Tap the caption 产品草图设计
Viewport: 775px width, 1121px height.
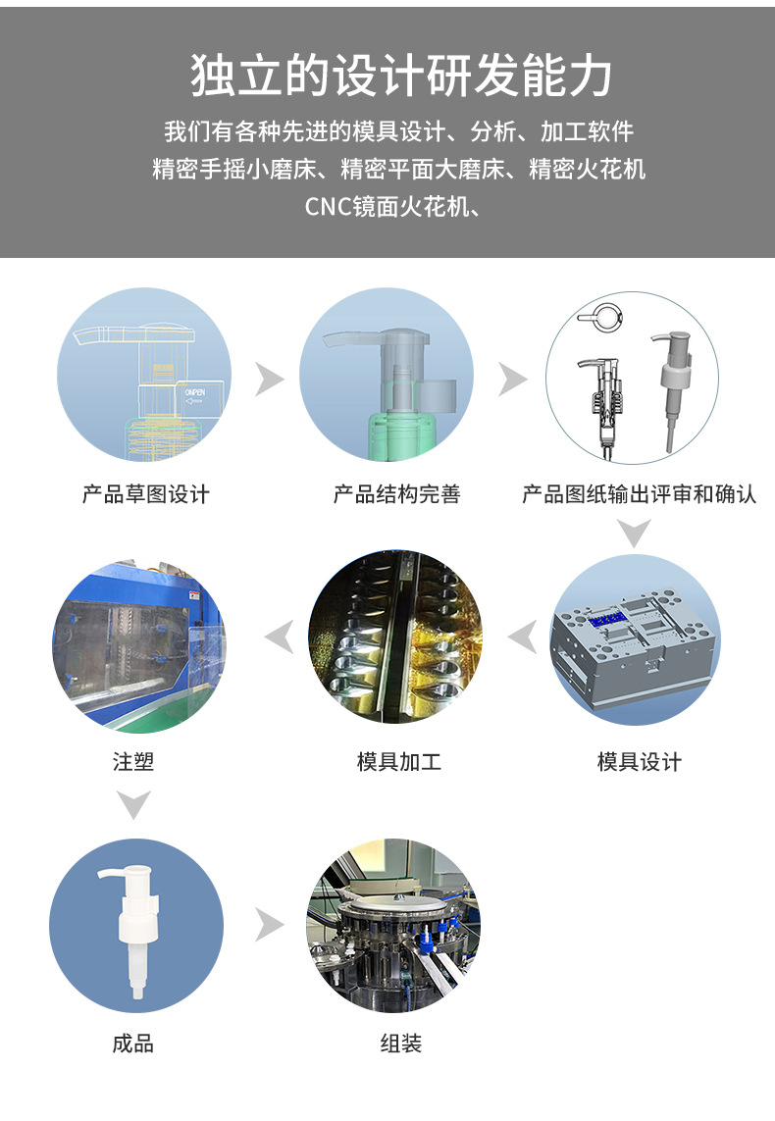point(145,493)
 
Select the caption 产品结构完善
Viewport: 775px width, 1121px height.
point(396,493)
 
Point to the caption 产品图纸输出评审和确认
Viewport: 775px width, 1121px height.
point(639,493)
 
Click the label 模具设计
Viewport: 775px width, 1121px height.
point(639,761)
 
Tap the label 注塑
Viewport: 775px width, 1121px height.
point(132,761)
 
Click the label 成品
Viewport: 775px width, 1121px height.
point(132,1044)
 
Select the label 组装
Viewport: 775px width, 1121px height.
point(400,1044)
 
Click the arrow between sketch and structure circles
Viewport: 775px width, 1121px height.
point(268,379)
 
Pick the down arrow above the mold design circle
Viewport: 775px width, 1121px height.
point(635,534)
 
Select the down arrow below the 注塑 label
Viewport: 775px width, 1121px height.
point(133,804)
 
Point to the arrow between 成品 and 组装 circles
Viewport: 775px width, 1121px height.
point(268,924)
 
